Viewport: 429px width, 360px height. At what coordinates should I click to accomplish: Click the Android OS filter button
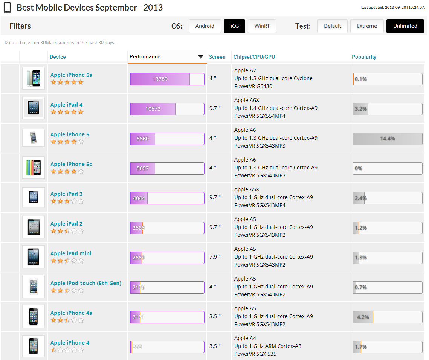pyautogui.click(x=205, y=26)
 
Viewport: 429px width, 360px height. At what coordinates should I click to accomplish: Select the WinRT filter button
pyautogui.click(x=262, y=26)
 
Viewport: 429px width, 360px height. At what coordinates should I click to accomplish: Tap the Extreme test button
pyautogui.click(x=366, y=26)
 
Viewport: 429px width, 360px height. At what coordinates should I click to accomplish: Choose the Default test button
pyautogui.click(x=333, y=26)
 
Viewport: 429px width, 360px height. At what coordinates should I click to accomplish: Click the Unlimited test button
pyautogui.click(x=405, y=26)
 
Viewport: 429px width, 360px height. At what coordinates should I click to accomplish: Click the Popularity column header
pyautogui.click(x=364, y=57)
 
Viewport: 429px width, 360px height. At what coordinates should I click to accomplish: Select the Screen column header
pyautogui.click(x=217, y=57)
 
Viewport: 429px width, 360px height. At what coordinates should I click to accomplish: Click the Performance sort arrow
pyautogui.click(x=200, y=57)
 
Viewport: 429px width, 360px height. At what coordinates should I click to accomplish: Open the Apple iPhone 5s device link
pyautogui.click(x=71, y=75)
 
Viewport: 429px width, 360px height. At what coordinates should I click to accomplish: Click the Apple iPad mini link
pyautogui.click(x=71, y=253)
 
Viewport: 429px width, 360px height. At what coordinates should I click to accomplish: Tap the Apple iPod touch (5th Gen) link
pyautogui.click(x=86, y=283)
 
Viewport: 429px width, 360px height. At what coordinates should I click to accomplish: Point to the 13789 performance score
pyautogui.click(x=160, y=79)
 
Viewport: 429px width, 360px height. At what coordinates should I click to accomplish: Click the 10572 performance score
pyautogui.click(x=153, y=109)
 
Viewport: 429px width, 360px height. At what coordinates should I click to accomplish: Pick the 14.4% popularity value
pyautogui.click(x=388, y=139)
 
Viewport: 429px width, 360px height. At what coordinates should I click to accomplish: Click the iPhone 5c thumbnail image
pyautogui.click(x=34, y=168)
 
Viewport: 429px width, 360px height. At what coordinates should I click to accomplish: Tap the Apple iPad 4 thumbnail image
pyautogui.click(x=34, y=108)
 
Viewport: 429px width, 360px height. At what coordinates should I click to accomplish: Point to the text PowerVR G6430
pyautogui.click(x=253, y=86)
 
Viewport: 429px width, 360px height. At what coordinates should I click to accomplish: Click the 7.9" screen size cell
pyautogui.click(x=215, y=257)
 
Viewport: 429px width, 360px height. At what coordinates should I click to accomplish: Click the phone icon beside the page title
pyautogui.click(x=8, y=8)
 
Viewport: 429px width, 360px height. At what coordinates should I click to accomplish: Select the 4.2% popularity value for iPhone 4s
pyautogui.click(x=363, y=317)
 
